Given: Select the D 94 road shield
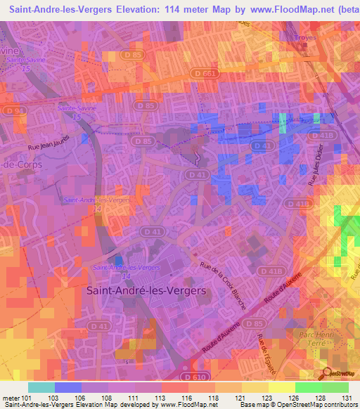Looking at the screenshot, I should (x=13, y=111).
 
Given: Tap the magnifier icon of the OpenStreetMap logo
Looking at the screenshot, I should (x=328, y=373).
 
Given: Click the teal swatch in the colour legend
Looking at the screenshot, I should (x=41, y=387).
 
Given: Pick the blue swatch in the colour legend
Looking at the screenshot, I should (x=67, y=387).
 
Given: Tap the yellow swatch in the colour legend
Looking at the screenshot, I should (x=281, y=387).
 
